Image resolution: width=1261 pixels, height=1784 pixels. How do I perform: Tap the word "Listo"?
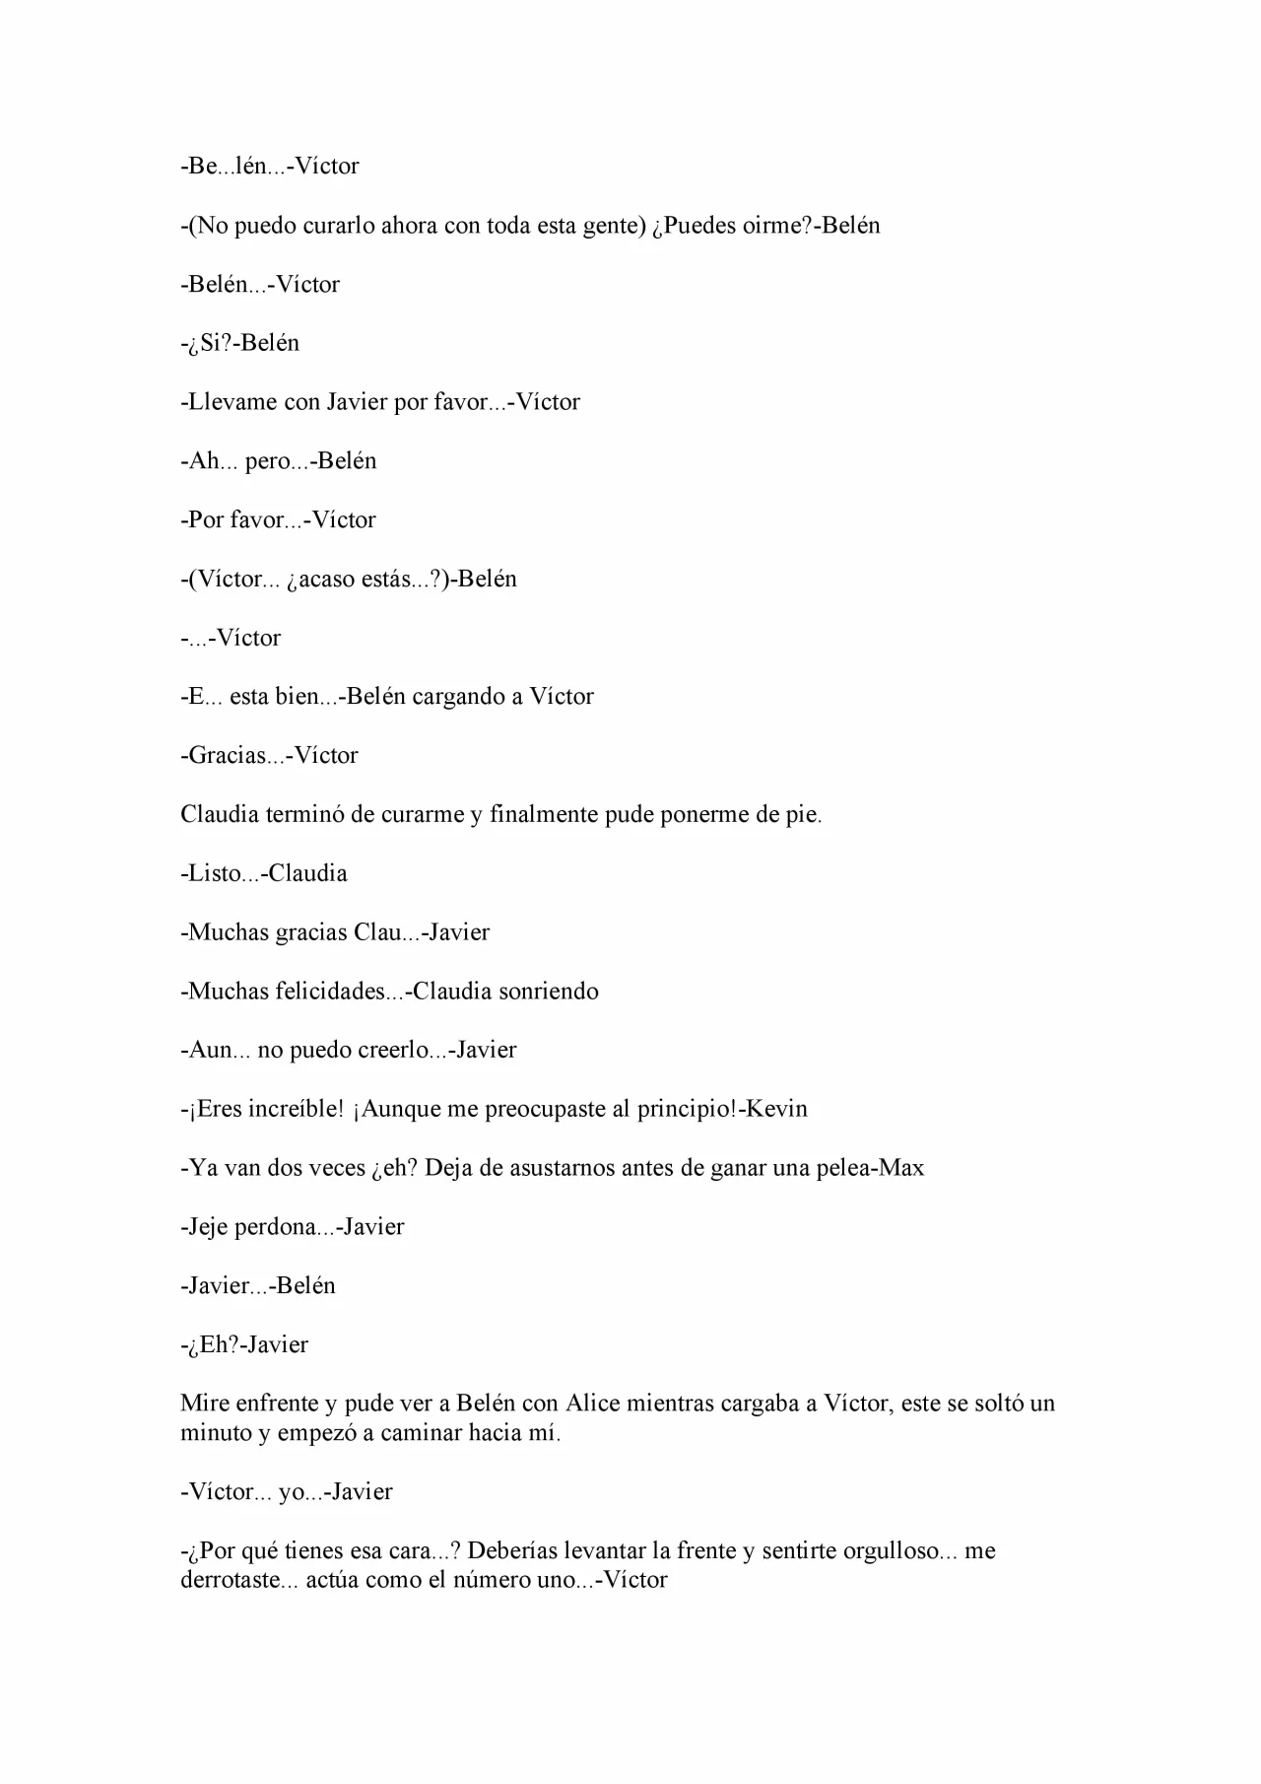[x=215, y=873]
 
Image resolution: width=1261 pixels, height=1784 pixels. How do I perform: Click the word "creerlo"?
[x=394, y=1051]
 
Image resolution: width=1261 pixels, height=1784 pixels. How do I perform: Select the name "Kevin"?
[x=776, y=1109]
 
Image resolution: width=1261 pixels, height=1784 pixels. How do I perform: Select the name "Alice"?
[x=589, y=1404]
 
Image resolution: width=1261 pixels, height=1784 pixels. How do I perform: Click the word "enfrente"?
[x=277, y=1404]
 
